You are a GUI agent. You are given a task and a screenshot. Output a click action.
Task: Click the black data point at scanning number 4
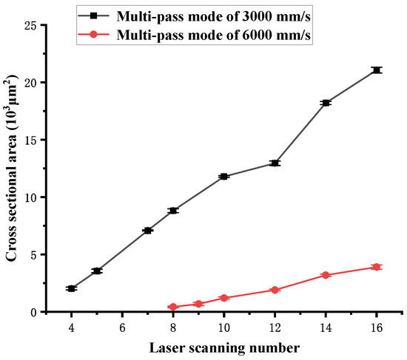[x=71, y=288]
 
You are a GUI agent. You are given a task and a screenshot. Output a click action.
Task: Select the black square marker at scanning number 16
[x=377, y=69]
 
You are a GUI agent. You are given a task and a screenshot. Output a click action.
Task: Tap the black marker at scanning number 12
[x=275, y=163]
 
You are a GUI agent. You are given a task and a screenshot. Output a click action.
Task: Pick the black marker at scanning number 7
[x=147, y=231]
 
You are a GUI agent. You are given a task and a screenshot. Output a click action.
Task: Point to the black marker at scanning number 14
[x=326, y=103]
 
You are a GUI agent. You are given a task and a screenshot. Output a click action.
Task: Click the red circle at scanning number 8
[x=172, y=307]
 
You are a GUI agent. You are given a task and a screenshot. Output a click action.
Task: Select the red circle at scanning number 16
[x=377, y=267]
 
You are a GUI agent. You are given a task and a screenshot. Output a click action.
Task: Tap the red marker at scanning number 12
[x=275, y=290]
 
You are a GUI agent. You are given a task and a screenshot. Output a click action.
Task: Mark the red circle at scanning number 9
[x=198, y=304]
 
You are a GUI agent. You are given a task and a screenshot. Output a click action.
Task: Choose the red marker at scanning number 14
[x=326, y=275]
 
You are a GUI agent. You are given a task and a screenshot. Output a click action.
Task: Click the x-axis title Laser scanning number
[x=223, y=347]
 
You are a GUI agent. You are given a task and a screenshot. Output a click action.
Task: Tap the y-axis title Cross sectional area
[x=12, y=169]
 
